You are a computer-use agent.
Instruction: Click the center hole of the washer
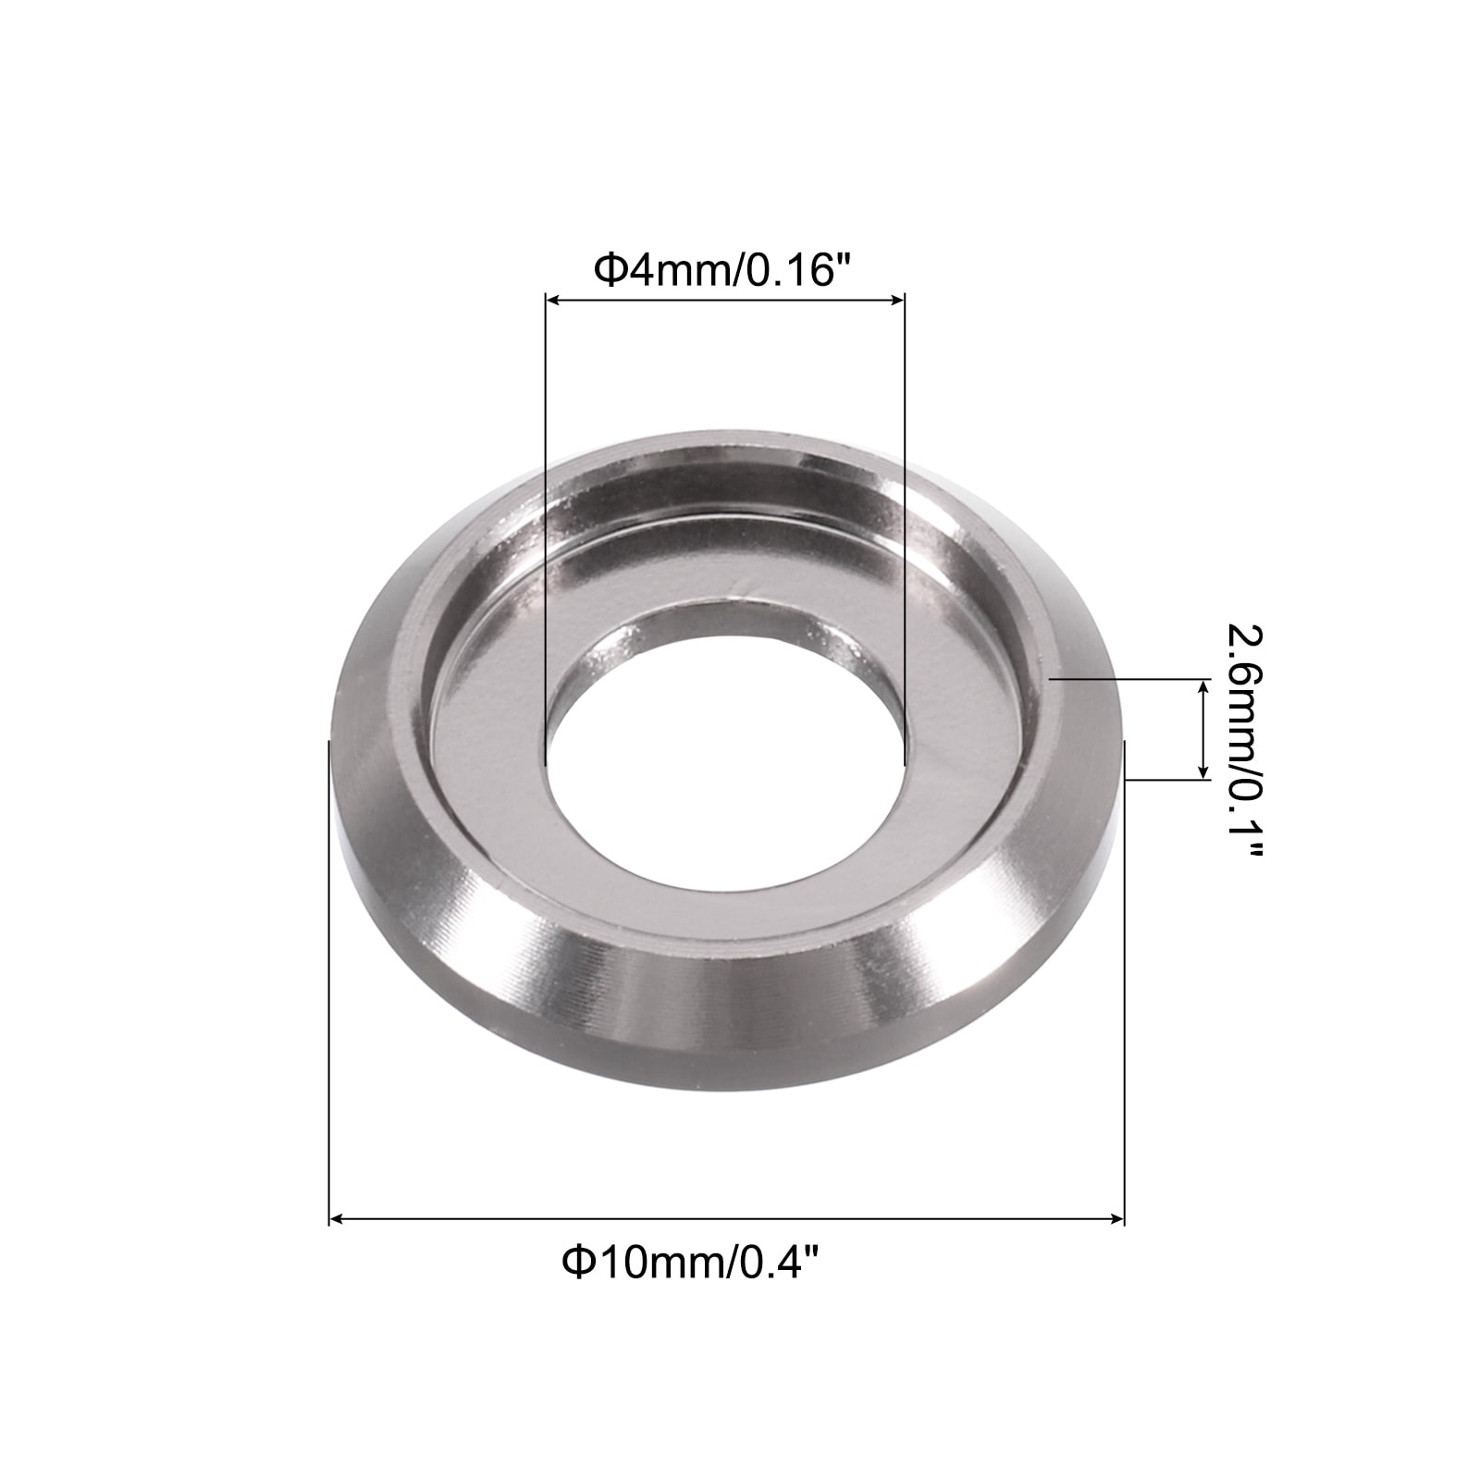click(x=724, y=740)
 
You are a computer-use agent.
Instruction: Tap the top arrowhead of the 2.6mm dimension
click(x=1202, y=686)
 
